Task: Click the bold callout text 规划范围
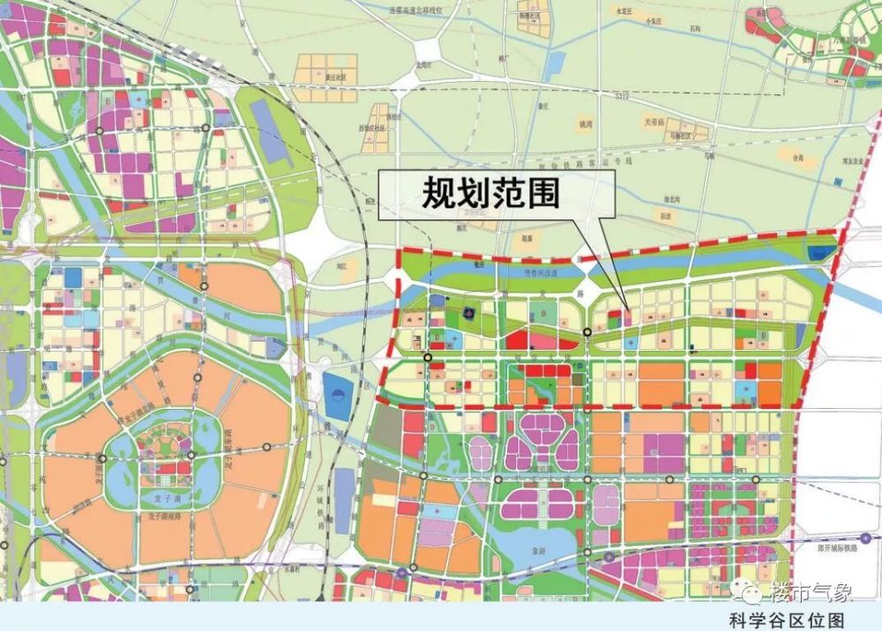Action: point(490,193)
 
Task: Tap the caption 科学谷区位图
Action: point(788,620)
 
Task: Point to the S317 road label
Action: point(620,96)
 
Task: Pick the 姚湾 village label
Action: point(586,123)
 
